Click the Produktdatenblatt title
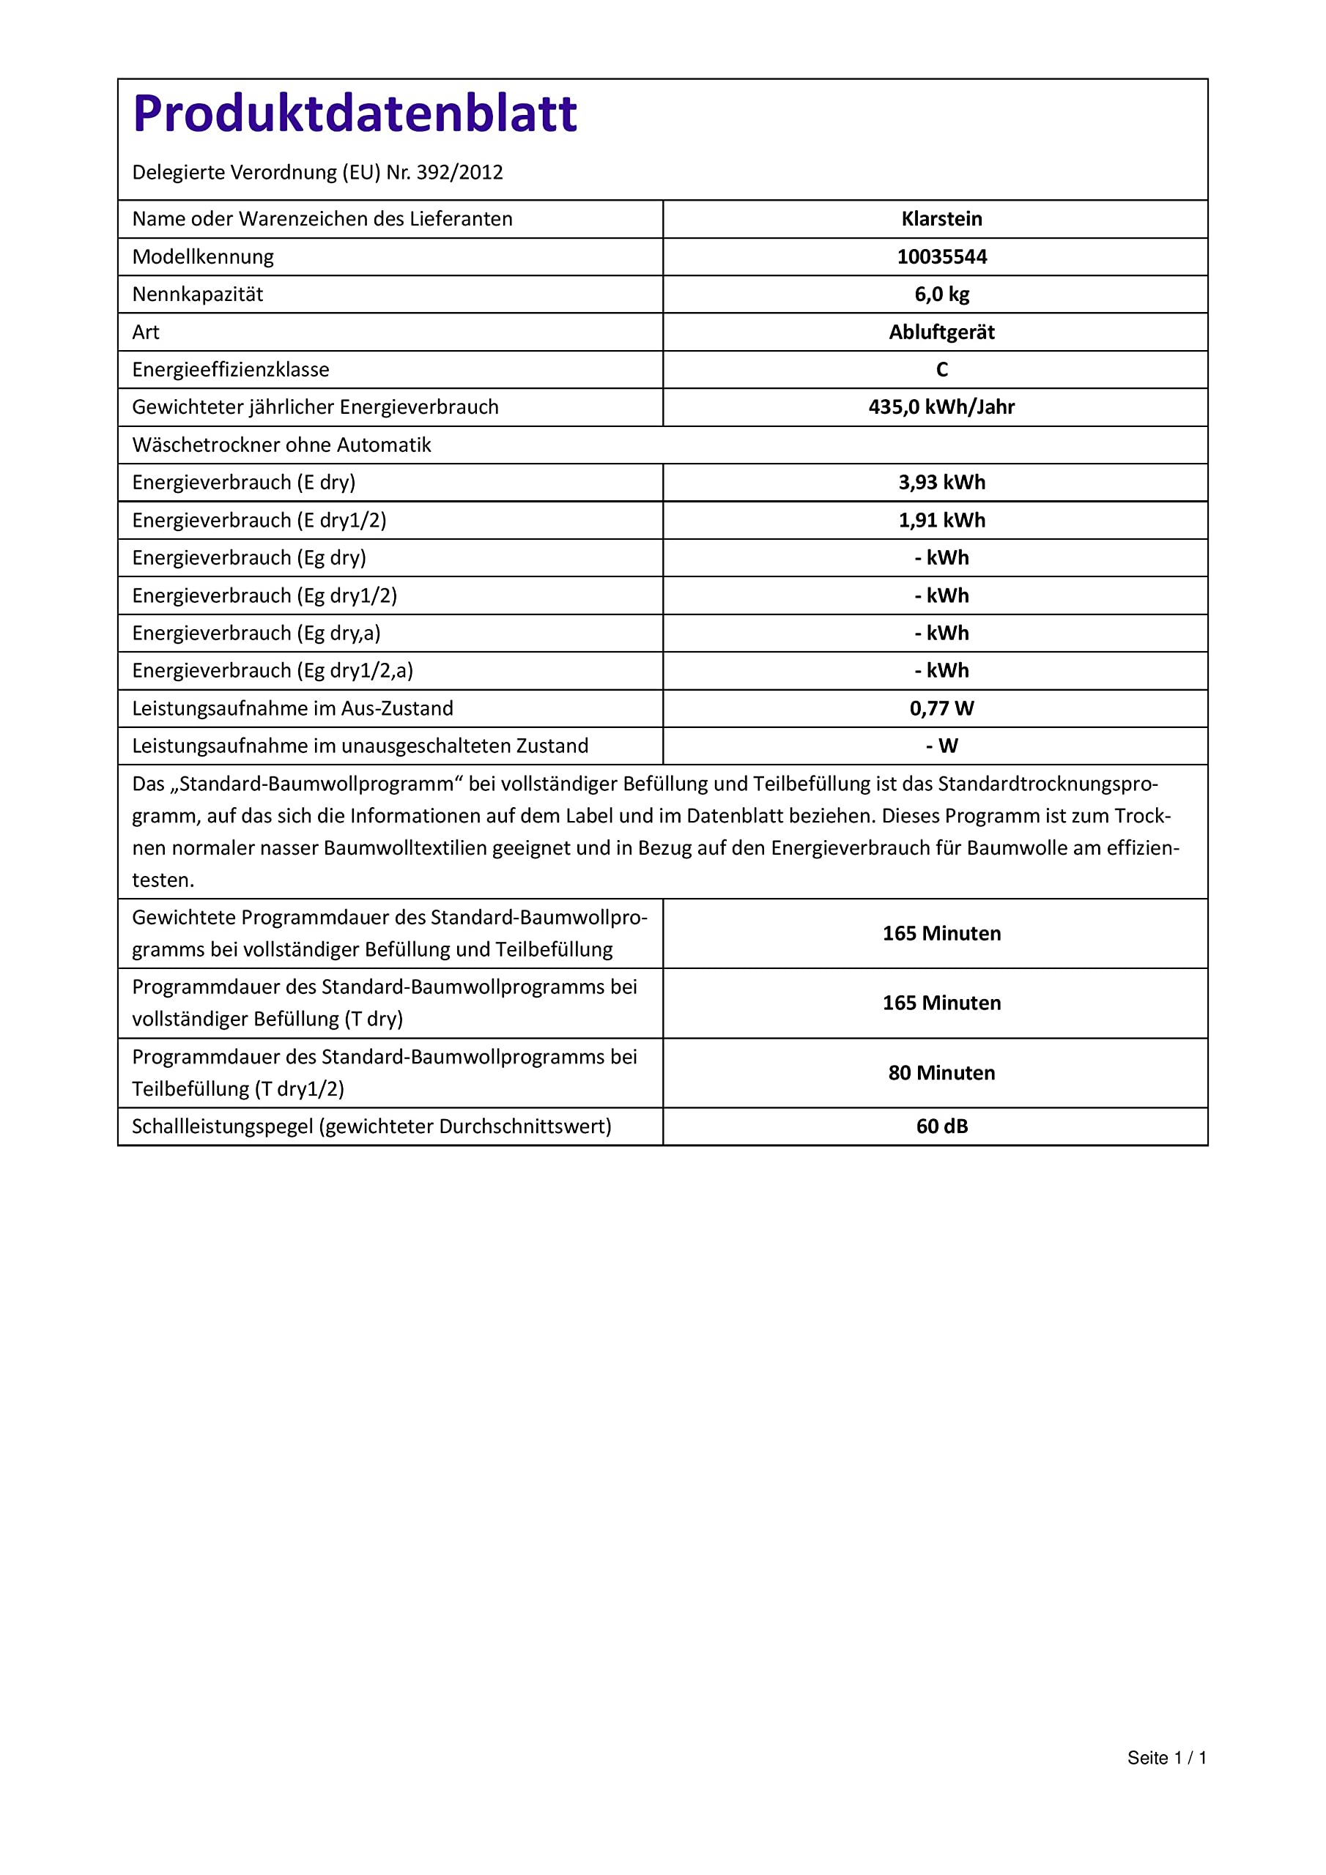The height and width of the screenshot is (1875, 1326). (x=355, y=114)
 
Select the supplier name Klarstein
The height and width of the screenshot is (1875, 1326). (x=941, y=219)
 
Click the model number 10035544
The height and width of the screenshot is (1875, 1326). (x=941, y=256)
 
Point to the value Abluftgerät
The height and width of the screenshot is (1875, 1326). (x=941, y=333)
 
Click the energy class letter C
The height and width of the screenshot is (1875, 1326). (x=941, y=370)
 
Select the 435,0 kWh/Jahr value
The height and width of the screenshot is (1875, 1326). (x=941, y=406)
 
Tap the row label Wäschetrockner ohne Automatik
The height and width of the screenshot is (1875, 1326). (x=281, y=445)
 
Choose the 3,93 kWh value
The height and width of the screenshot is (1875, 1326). (x=941, y=483)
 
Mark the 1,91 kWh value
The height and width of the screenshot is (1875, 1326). (x=941, y=520)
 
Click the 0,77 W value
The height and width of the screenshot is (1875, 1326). (x=941, y=708)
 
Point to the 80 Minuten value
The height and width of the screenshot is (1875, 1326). (x=941, y=1073)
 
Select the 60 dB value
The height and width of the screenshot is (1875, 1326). (x=941, y=1126)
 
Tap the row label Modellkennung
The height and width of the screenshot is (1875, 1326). (x=203, y=256)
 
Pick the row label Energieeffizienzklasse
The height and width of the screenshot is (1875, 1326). (x=230, y=370)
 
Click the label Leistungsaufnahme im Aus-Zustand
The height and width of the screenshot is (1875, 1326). (x=292, y=708)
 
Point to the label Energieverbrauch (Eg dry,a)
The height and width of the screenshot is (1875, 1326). (x=256, y=633)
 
